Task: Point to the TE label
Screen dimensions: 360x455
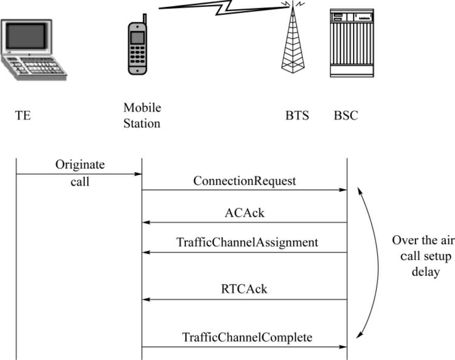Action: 24,116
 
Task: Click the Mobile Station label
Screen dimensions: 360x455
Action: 142,116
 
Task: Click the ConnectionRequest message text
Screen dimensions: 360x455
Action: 245,181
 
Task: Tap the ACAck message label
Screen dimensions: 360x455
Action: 245,213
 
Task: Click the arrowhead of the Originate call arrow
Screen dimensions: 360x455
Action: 138,174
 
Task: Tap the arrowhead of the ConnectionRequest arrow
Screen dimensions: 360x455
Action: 344,189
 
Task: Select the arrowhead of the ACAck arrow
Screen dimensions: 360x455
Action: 146,222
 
